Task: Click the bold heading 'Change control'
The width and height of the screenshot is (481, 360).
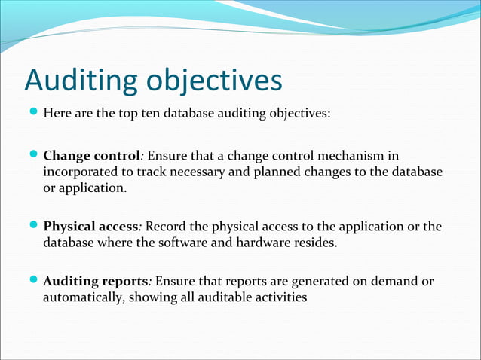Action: [x=91, y=157]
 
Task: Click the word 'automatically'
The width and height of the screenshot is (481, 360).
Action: [x=83, y=297]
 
